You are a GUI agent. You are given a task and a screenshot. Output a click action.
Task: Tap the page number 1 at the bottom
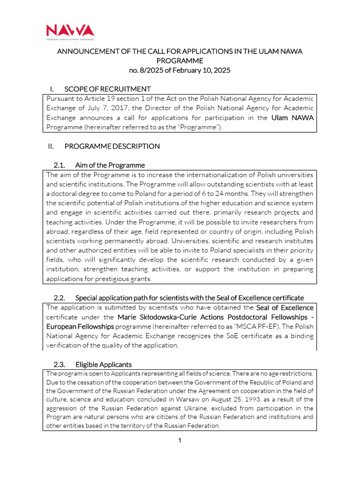180,440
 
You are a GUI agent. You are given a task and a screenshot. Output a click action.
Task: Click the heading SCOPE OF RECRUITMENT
107,89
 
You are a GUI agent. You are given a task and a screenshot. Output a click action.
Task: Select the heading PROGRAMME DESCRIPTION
112,146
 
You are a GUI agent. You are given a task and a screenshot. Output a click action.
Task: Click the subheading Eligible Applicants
104,364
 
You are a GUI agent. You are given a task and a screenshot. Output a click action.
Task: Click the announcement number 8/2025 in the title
150,70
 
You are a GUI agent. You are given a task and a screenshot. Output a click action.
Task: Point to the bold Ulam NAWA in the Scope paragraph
292,118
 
